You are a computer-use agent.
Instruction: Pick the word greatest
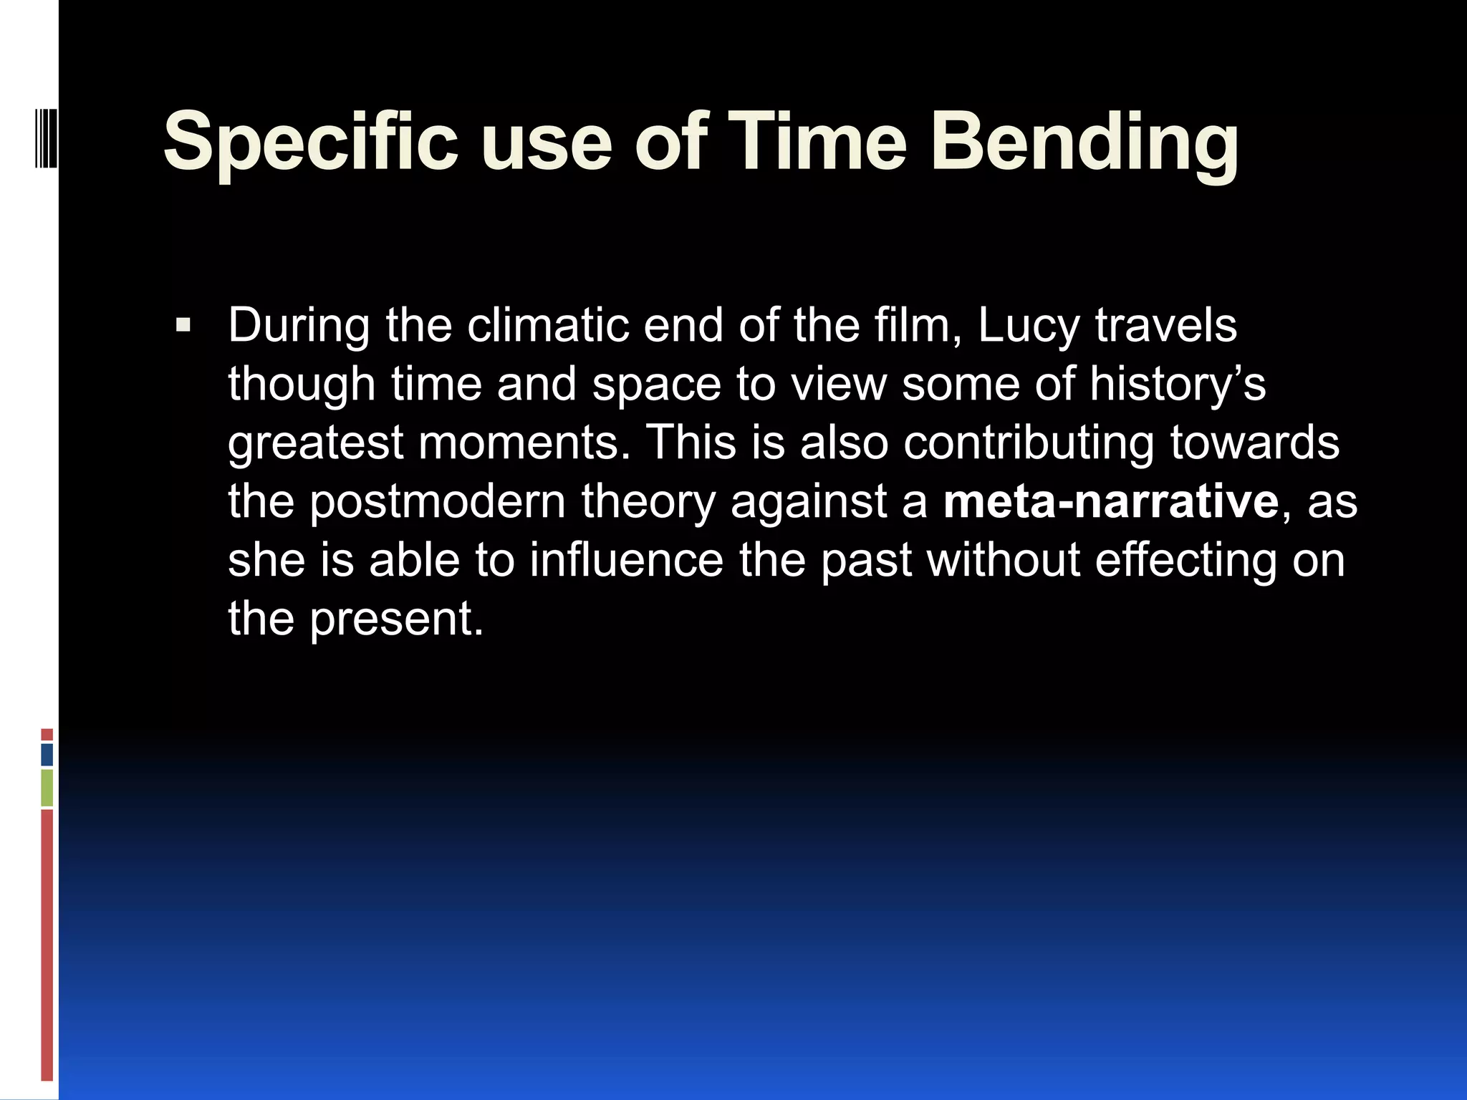[316, 443]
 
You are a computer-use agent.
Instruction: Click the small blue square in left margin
[47, 755]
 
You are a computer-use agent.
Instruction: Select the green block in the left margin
[47, 788]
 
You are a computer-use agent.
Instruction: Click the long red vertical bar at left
[47, 945]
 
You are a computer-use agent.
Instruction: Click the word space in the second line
[656, 385]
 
